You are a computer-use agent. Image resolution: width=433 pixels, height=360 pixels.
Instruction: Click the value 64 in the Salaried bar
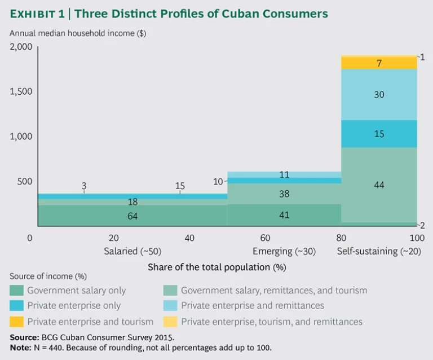click(x=132, y=216)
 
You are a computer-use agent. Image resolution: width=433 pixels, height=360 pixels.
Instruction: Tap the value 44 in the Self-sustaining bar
click(x=379, y=185)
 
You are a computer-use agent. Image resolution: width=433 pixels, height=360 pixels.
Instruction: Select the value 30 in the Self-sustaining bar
click(x=379, y=95)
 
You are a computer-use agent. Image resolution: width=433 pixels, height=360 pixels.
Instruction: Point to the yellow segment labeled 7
click(x=379, y=63)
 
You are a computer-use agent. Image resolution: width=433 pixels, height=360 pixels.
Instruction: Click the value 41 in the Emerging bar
click(x=284, y=215)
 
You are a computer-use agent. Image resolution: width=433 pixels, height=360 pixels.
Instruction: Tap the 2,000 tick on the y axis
click(x=21, y=47)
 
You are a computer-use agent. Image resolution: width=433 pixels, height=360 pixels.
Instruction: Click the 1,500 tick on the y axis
click(x=21, y=91)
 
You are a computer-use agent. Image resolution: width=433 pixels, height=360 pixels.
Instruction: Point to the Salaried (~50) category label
click(x=132, y=251)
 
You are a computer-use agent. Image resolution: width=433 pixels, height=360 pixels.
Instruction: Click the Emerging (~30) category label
click(x=284, y=251)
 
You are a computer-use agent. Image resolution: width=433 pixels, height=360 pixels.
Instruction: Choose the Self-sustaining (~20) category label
click(x=379, y=251)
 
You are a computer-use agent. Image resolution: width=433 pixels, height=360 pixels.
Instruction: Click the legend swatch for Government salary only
click(x=16, y=291)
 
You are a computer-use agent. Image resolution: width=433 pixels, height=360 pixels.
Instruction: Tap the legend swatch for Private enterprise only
click(x=16, y=306)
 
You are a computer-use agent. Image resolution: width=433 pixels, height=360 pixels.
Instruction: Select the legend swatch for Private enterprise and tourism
click(x=16, y=322)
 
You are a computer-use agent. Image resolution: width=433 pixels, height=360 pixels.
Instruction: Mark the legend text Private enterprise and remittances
click(x=252, y=306)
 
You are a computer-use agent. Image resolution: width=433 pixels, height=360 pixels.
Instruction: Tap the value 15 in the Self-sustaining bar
click(x=379, y=134)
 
